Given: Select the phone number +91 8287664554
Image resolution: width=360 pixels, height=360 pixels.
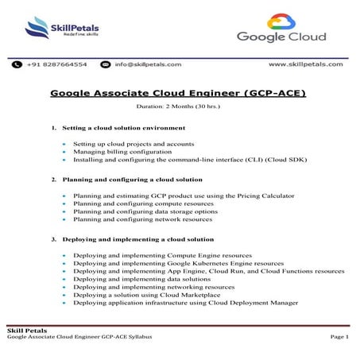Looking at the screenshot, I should (x=57, y=64).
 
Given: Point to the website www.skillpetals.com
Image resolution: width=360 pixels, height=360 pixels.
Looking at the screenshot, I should (x=306, y=64).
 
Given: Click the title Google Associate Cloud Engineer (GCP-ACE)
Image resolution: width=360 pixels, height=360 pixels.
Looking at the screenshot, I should (x=178, y=93).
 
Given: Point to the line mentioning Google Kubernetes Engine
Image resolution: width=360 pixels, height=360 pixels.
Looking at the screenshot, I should (x=178, y=263).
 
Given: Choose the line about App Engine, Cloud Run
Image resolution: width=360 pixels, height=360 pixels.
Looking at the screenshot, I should (x=208, y=271).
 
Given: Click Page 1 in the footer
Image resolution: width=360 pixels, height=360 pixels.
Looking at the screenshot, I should (x=339, y=338).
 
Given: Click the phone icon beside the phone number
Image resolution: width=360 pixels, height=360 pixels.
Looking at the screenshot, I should (x=17, y=64).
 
